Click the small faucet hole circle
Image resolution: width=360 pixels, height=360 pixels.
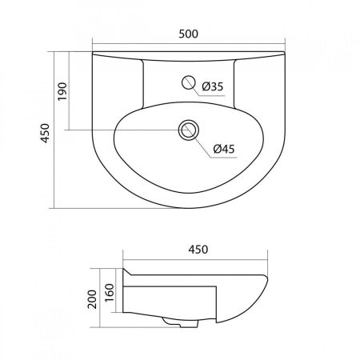tap(190, 81)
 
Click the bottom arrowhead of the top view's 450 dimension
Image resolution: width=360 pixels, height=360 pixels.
tap(55, 206)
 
